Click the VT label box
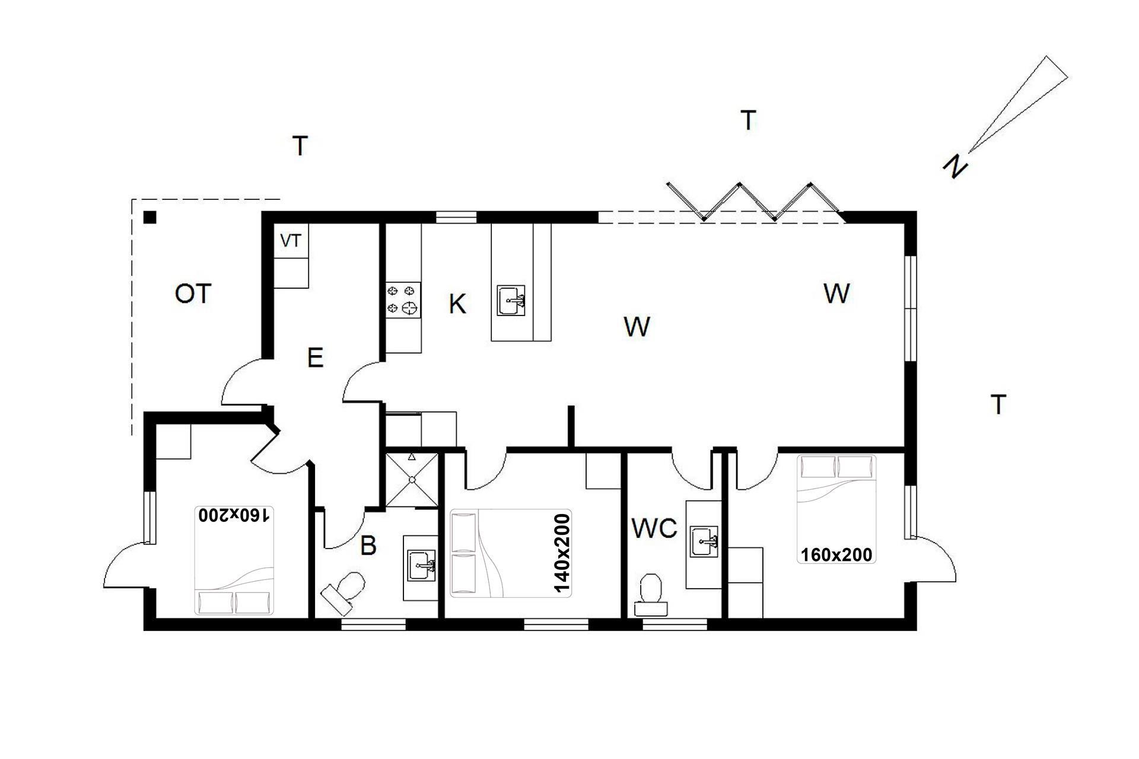(291, 241)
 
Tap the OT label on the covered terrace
(193, 294)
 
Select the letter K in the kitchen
(457, 304)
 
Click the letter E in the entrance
(315, 358)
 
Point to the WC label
(654, 528)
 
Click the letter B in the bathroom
(368, 546)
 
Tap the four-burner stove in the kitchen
(403, 300)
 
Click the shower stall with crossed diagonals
(412, 480)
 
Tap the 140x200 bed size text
(561, 553)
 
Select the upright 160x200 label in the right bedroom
(836, 554)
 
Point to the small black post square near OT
(150, 218)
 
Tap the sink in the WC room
(705, 541)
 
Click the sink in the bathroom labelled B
(422, 566)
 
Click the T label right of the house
(999, 404)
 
